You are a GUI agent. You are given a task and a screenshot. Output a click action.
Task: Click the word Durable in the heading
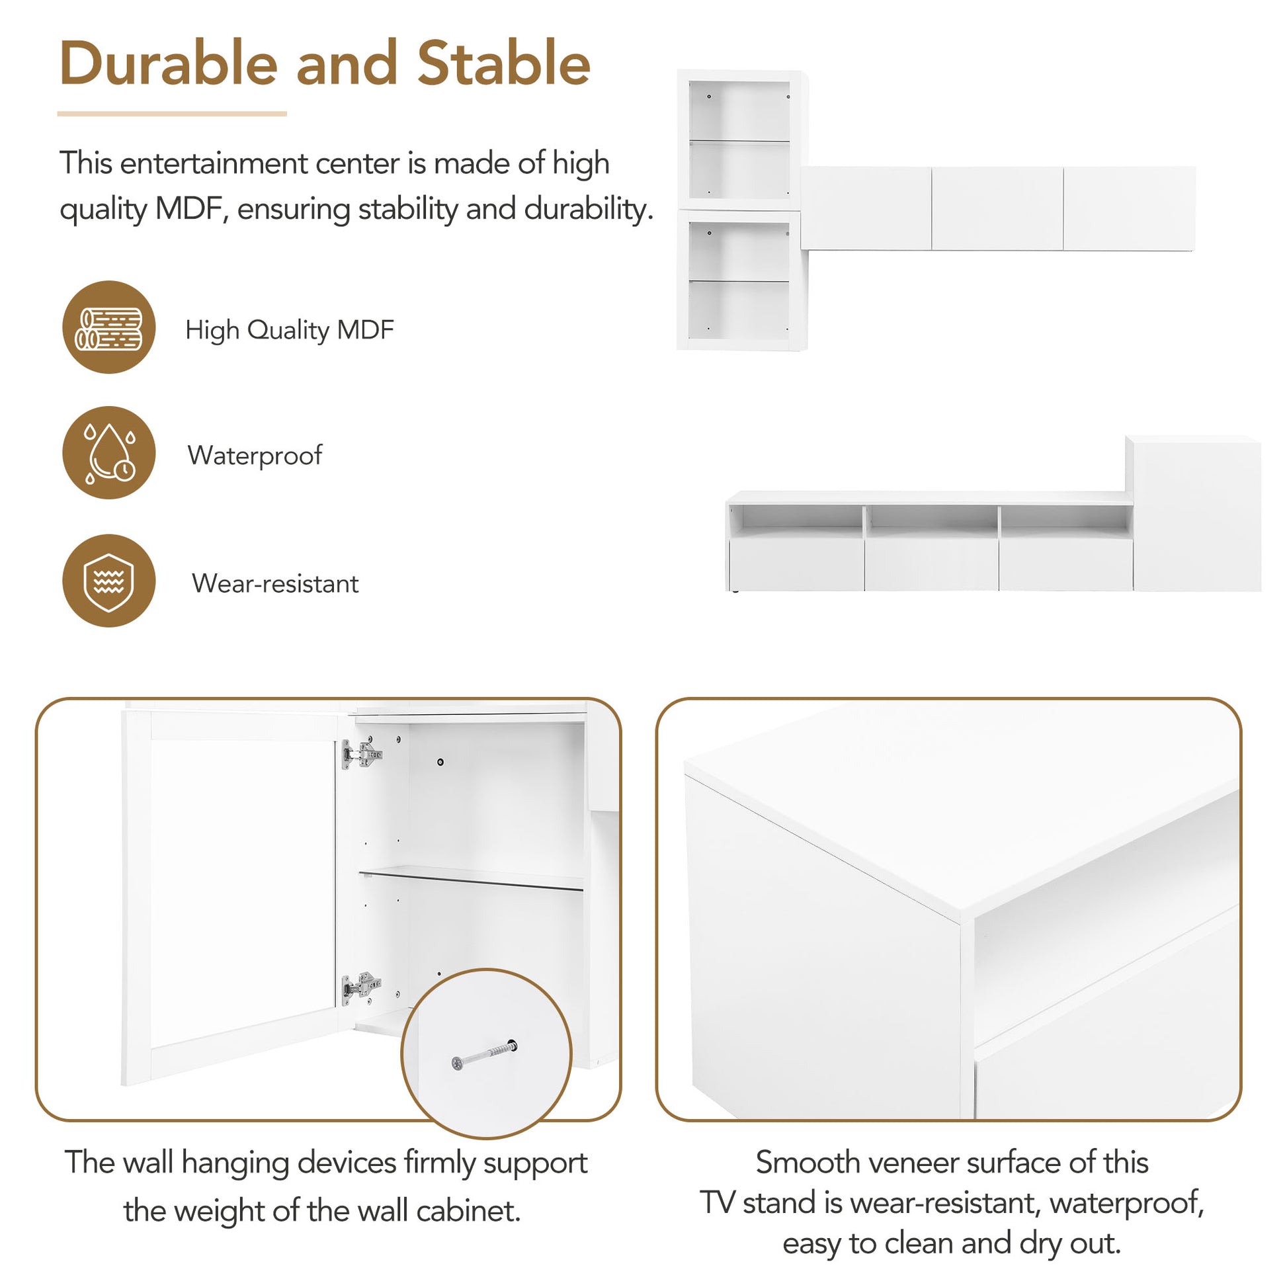168,64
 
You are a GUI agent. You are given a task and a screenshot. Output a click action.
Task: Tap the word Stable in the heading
503,64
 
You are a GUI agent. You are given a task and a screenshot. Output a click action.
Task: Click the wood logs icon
109,328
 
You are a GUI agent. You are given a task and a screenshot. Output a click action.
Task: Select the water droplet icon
109,453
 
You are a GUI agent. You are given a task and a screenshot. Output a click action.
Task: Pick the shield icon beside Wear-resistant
109,581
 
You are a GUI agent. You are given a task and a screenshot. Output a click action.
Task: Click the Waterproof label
255,456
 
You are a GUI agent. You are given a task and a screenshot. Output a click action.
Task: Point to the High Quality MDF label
289,330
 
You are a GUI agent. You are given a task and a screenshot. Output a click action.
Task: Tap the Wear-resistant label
275,583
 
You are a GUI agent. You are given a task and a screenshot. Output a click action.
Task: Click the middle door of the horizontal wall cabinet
997,208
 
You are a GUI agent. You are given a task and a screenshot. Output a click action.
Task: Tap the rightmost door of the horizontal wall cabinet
1128,208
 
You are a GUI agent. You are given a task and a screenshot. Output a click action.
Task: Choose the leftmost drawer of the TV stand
797,565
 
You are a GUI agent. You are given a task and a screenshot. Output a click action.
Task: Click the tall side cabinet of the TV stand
1196,515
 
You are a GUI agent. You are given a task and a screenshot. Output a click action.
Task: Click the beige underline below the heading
172,114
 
